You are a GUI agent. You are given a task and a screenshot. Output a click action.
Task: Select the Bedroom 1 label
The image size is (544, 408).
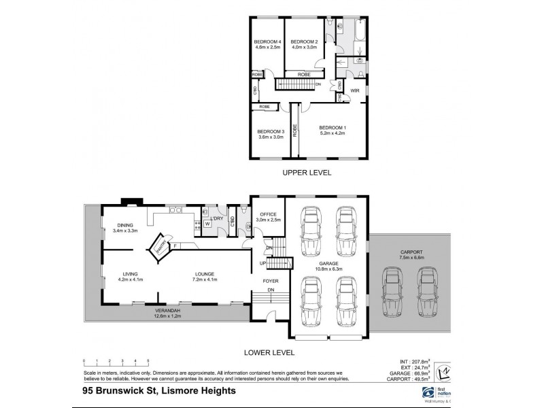333,128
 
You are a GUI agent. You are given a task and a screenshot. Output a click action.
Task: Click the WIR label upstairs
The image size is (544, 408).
355,90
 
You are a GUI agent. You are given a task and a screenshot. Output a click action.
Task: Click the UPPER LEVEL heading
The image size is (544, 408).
307,173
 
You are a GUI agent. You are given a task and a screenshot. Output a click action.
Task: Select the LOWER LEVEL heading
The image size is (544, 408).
270,352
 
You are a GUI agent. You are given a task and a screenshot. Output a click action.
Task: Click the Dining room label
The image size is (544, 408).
124,224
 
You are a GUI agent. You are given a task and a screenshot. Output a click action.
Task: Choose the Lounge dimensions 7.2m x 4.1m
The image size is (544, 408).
205,279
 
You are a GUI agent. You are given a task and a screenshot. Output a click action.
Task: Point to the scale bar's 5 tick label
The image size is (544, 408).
148,360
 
